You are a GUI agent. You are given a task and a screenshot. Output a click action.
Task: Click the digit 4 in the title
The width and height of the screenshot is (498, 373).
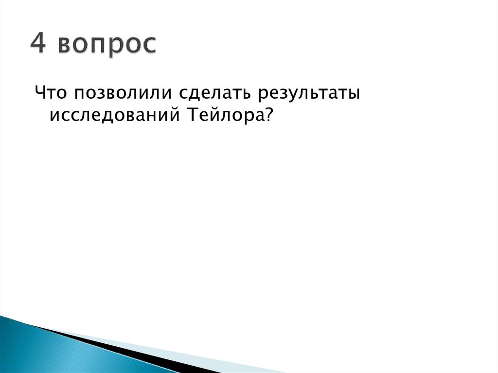click(x=38, y=45)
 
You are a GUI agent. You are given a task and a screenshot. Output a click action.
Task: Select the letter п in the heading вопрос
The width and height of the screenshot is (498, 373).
click(x=103, y=46)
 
